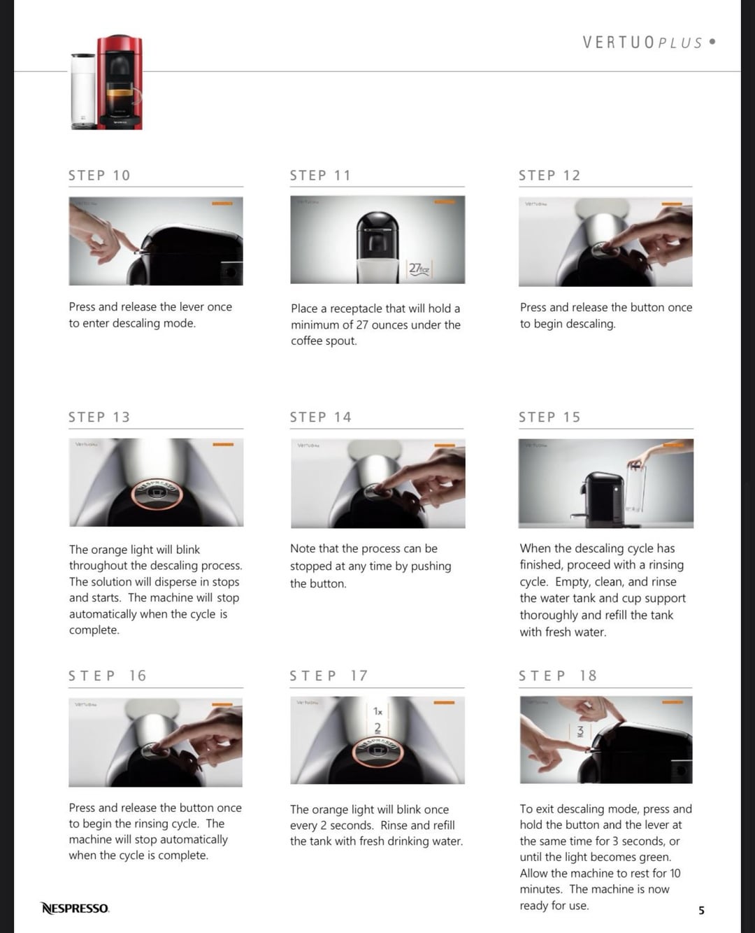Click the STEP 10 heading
pyautogui.click(x=99, y=176)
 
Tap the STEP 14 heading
pyautogui.click(x=321, y=417)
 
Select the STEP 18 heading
pyautogui.click(x=558, y=676)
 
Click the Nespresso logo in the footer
pyautogui.click(x=75, y=908)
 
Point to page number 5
pyautogui.click(x=701, y=910)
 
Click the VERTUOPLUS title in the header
pyautogui.click(x=643, y=43)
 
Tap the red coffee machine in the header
pyautogui.click(x=120, y=83)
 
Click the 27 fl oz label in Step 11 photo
pyautogui.click(x=419, y=269)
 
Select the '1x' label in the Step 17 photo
pyautogui.click(x=377, y=711)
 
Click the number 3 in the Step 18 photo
pyautogui.click(x=580, y=731)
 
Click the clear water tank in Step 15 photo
pyautogui.click(x=636, y=488)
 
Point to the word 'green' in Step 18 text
pyautogui.click(x=654, y=857)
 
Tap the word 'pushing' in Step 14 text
pyautogui.click(x=431, y=567)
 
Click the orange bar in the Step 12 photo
pyautogui.click(x=672, y=204)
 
